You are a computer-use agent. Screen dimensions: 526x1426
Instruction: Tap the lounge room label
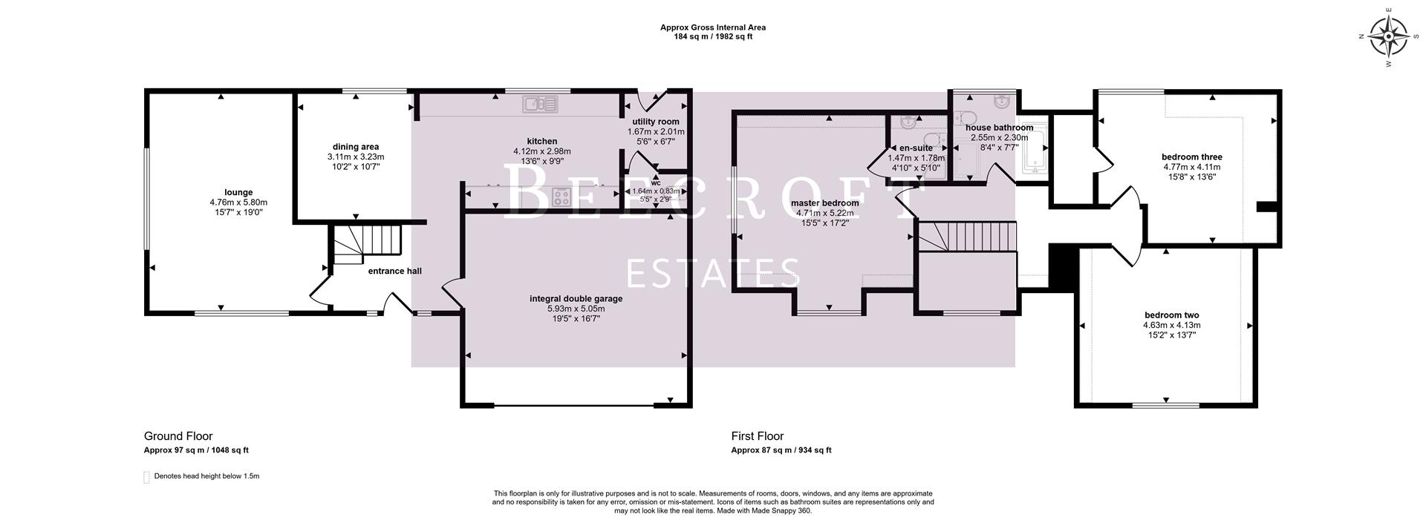point(238,192)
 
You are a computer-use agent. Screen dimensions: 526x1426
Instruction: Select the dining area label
point(356,147)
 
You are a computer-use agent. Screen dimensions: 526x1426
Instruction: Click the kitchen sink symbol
point(540,104)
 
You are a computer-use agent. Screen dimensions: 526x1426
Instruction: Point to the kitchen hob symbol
point(562,197)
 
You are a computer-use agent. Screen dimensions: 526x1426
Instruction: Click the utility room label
point(655,122)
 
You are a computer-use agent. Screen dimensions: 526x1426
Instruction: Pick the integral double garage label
point(576,299)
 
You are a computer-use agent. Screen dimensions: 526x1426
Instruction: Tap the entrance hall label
point(394,271)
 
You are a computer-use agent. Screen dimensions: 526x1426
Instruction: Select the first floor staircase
point(966,237)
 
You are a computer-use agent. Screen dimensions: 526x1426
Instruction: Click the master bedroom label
point(824,203)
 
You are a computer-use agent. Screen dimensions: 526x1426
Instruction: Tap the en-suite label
point(915,148)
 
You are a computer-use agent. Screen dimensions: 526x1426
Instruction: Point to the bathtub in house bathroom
point(1035,146)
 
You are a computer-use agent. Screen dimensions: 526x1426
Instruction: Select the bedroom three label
point(1191,157)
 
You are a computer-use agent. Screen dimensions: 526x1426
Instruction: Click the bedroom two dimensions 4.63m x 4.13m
point(1171,325)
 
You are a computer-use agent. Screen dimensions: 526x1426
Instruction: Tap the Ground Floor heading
point(178,436)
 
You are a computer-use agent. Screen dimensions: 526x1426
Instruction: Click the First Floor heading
point(757,436)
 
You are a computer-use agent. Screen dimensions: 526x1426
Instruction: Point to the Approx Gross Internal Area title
point(712,27)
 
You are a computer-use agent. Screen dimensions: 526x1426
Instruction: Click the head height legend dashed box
point(146,476)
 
